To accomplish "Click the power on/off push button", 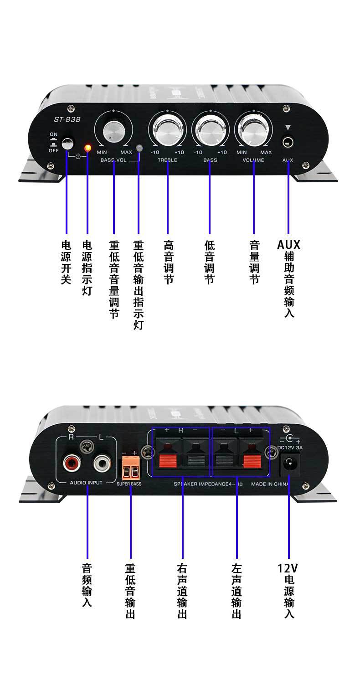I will click(x=67, y=144).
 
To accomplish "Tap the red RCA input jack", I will click(x=72, y=464).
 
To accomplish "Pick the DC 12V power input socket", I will click(x=288, y=463).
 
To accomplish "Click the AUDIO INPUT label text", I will click(x=86, y=482).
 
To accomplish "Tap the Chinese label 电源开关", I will click(x=67, y=262).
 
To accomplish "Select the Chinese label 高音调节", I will click(x=168, y=262).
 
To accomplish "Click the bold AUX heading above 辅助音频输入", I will click(x=288, y=245).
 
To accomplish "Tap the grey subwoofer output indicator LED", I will click(x=139, y=148).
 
